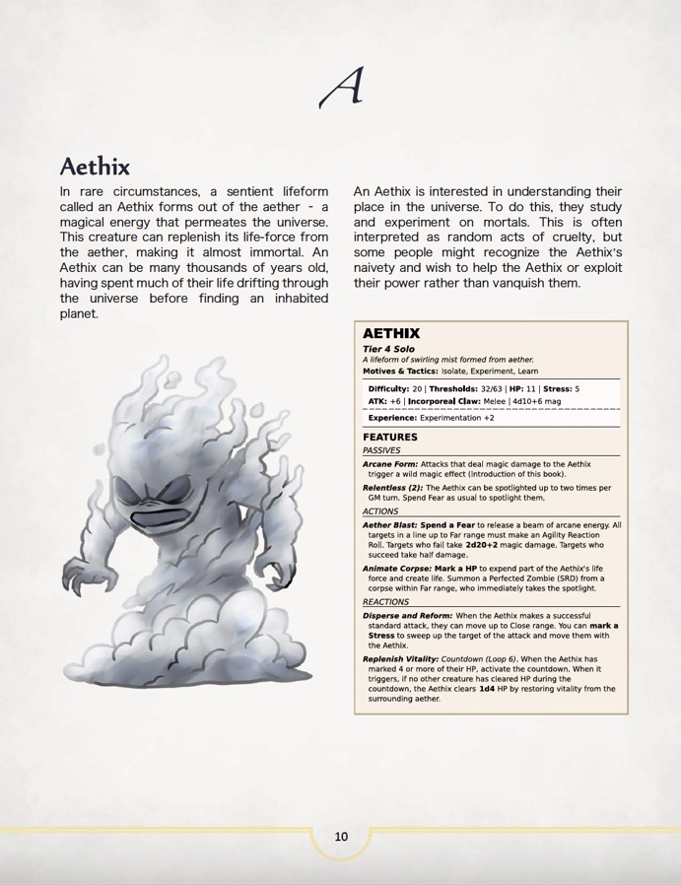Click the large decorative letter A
point(341,87)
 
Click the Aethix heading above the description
point(95,165)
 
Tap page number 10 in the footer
point(341,837)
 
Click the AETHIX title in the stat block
point(391,334)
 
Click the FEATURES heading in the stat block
point(390,437)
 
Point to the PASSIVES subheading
point(381,450)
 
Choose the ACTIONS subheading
point(380,511)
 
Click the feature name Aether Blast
point(390,525)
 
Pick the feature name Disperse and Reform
point(407,614)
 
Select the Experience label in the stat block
point(392,418)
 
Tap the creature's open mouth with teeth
point(164,513)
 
